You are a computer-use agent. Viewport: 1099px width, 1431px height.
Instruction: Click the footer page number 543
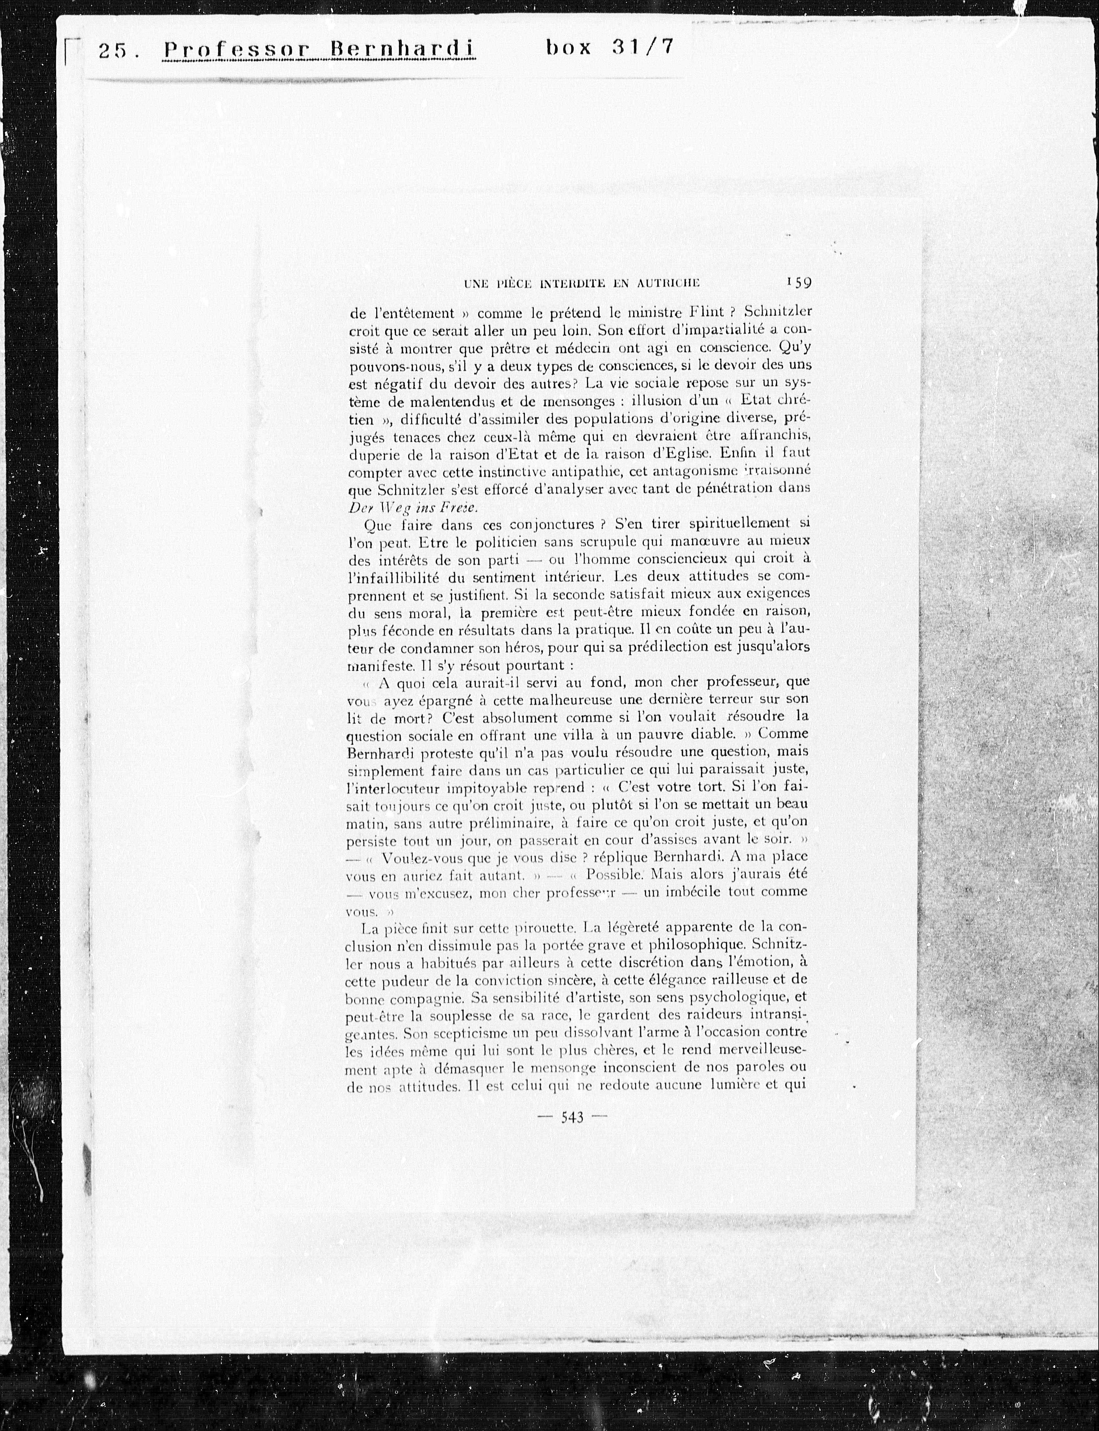point(572,1117)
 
